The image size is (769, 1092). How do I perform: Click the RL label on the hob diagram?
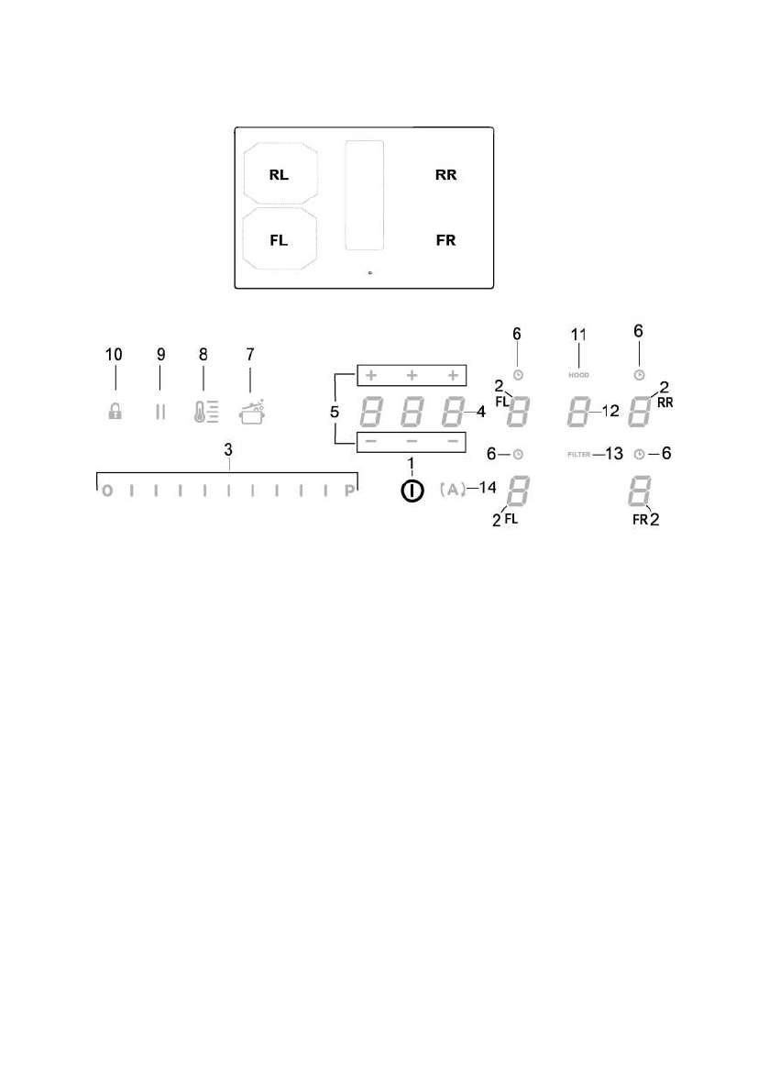click(280, 175)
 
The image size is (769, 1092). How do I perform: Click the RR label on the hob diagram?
click(445, 175)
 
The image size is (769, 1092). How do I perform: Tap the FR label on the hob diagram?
click(445, 240)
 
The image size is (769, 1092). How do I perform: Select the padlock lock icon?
click(115, 413)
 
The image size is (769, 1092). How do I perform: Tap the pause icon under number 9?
click(160, 413)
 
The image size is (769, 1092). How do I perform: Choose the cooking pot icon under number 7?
click(251, 412)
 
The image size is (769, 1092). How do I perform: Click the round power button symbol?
click(412, 491)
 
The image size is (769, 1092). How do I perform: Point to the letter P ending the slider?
click(349, 491)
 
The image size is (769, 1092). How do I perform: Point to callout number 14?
click(485, 490)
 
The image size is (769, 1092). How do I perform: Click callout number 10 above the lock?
click(115, 354)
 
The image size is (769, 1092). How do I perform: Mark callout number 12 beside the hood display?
click(610, 413)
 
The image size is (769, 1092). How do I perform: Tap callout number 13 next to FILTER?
click(613, 454)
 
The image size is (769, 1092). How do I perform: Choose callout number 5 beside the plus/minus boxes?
click(335, 413)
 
